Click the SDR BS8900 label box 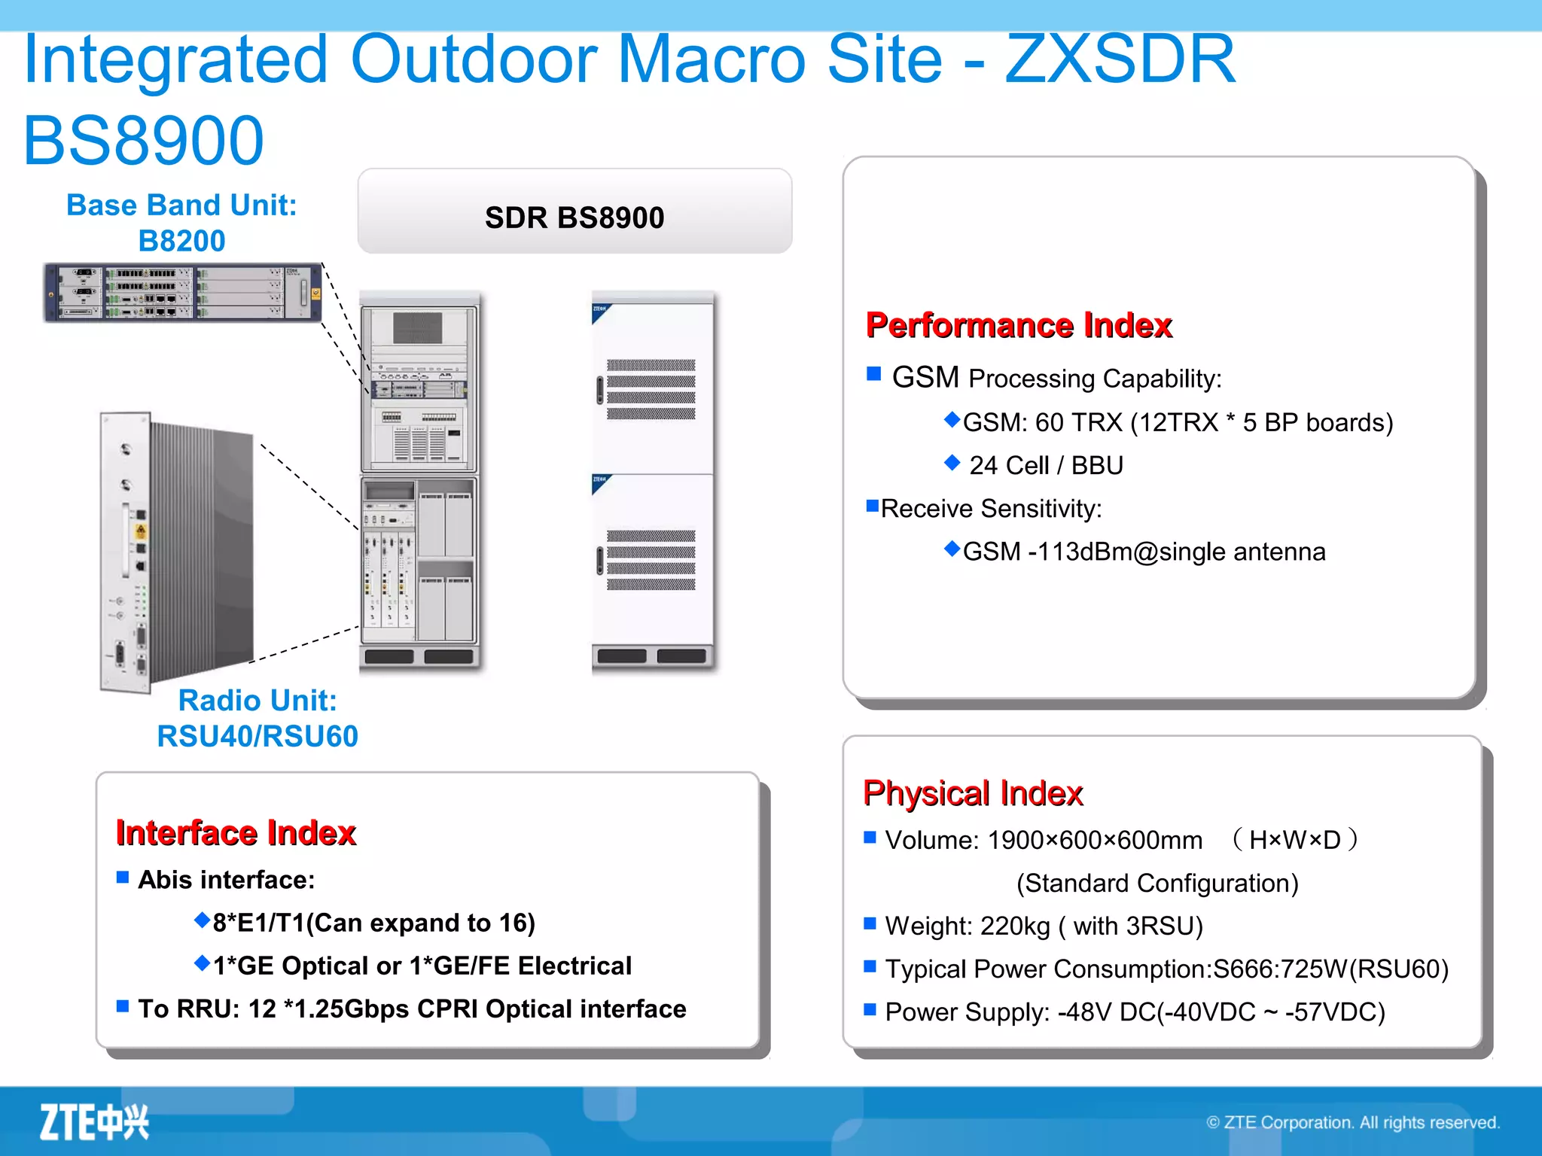pos(574,217)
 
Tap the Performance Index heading pos(1019,325)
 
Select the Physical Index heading pos(973,793)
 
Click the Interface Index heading pos(236,833)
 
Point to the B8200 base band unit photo pos(182,293)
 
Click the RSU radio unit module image pos(177,551)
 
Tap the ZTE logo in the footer pos(94,1122)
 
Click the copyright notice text pos(1352,1122)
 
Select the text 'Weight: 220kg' pos(968,926)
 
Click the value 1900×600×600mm pos(1095,840)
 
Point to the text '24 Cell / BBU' pos(1046,465)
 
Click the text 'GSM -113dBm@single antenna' pos(1144,552)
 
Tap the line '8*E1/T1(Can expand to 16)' pos(373,923)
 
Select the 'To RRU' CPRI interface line pos(412,1008)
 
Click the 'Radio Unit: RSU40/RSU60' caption pos(258,718)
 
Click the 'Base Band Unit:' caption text pos(181,205)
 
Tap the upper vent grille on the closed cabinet pos(651,389)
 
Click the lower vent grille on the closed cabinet pos(651,560)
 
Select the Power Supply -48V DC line pos(1135,1012)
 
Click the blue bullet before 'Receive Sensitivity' pos(873,507)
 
